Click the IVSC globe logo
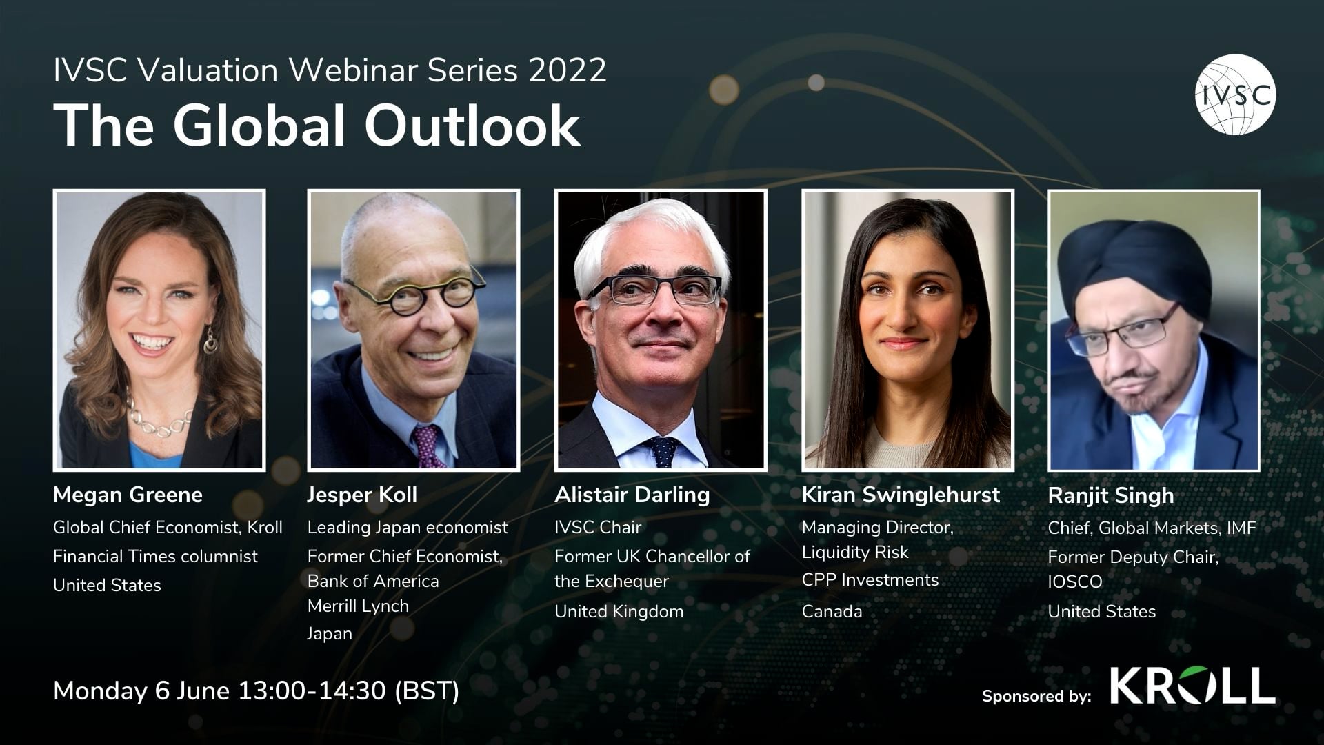coord(1235,94)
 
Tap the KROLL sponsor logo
coord(1192,686)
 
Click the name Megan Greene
coord(128,495)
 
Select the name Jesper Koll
coord(362,495)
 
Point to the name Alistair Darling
coord(632,495)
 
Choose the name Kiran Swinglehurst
coord(901,495)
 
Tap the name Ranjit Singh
coord(1110,495)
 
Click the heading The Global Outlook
coord(317,126)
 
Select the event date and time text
coord(256,691)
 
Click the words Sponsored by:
coord(1036,696)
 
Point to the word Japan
coord(330,633)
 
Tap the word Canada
coord(832,611)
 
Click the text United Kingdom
coord(619,611)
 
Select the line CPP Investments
coord(870,580)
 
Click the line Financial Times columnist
coord(155,556)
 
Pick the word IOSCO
coord(1074,582)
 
